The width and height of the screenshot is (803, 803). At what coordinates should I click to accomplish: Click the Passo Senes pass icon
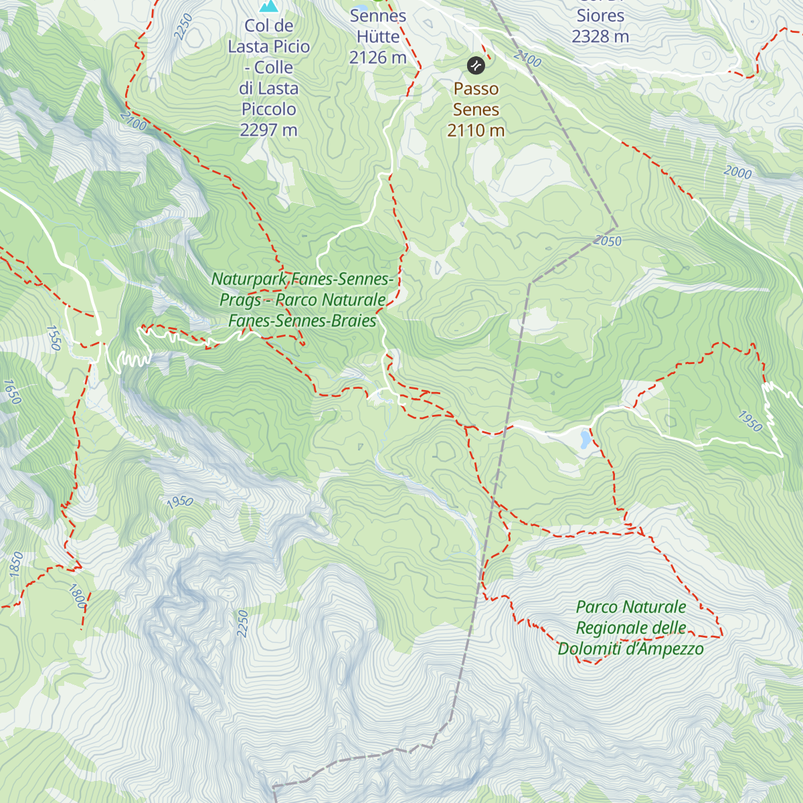pos(475,65)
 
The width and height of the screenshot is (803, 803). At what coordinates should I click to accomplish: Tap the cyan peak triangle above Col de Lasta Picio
pos(269,6)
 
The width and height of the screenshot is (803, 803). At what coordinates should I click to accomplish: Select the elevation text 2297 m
pos(268,130)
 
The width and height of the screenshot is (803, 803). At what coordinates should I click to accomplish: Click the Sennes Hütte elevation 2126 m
pos(377,58)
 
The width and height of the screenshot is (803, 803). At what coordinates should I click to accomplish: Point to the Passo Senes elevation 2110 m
pos(476,130)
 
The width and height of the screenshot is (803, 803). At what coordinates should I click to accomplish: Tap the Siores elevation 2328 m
pos(600,36)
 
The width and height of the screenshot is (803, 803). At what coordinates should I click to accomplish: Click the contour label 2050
pos(607,241)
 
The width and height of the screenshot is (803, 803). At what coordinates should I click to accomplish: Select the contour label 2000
pos(737,172)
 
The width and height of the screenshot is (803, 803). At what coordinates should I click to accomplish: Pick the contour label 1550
pos(54,338)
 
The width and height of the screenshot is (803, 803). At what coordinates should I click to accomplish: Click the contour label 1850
pos(16,564)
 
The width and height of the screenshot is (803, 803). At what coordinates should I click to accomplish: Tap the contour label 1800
pos(78,596)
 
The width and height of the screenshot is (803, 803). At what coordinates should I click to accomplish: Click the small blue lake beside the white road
pos(586,438)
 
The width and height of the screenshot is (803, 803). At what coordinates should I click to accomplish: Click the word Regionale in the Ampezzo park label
pos(631,628)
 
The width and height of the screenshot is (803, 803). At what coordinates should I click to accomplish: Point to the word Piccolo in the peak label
pos(268,109)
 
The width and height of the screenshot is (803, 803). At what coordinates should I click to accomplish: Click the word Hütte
pos(377,37)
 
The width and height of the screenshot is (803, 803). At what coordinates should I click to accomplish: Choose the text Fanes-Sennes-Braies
pos(302,321)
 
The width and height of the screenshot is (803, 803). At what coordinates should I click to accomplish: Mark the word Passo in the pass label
pos(476,88)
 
